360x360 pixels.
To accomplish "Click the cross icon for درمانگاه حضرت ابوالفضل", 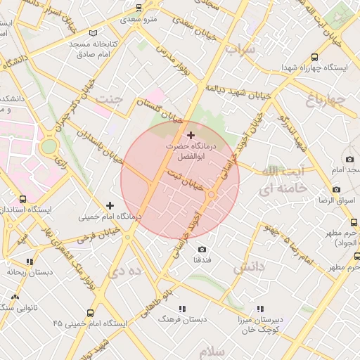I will pos(191,134).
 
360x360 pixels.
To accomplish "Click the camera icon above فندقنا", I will pos(202,249).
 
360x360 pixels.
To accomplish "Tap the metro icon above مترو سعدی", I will pos(139,8).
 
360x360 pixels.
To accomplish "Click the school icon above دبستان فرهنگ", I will pos(183,309).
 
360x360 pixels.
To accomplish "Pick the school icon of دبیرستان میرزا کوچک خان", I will pos(260,309).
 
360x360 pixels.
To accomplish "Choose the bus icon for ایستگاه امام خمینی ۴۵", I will pos(90,313).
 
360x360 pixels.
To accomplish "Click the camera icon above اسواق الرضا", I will pos(336,190).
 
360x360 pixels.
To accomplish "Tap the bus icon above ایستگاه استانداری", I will pos(23,199).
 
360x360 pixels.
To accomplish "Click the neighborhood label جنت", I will pos(110,99).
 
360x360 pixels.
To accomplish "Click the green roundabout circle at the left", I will pos(49,146).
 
